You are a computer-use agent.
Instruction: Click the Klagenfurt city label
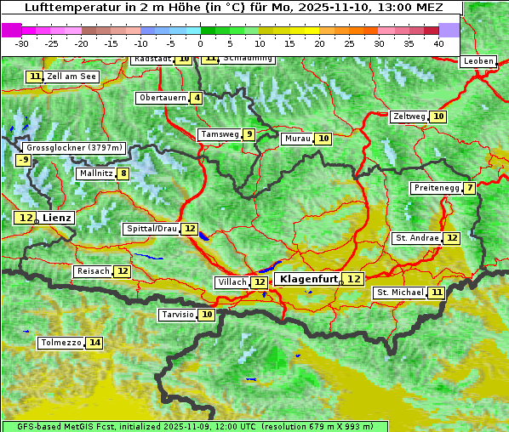[x=309, y=279]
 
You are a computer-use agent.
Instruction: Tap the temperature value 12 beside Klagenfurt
[x=353, y=279]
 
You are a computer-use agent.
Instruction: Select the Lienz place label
[x=58, y=218]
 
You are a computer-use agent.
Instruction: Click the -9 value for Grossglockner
[x=23, y=160]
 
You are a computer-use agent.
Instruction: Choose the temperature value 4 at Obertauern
[x=197, y=98]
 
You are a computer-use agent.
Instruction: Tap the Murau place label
[x=297, y=139]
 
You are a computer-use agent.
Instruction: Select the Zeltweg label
[x=409, y=117]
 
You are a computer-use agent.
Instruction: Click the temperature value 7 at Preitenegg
[x=469, y=188]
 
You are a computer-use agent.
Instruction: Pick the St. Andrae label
[x=417, y=238]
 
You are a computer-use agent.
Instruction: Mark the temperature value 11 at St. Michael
[x=436, y=293]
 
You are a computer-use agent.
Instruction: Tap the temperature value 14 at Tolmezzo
[x=94, y=343]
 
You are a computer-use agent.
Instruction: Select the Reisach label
[x=93, y=271]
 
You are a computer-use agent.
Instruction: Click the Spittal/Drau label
[x=152, y=229]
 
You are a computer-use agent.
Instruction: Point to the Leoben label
[x=478, y=61]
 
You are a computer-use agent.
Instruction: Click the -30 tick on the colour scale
[x=22, y=43]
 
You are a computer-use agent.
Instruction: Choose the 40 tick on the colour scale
[x=438, y=43]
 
